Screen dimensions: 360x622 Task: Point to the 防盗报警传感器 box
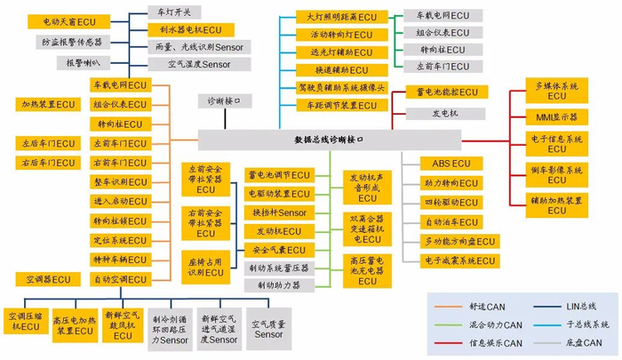(x=71, y=42)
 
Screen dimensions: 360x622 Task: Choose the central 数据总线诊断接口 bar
(x=329, y=140)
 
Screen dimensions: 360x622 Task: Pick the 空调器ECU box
(x=48, y=279)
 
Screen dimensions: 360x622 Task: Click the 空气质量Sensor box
(x=269, y=329)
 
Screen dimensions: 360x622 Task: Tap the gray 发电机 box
(x=444, y=113)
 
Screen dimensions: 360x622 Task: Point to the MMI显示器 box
(x=556, y=116)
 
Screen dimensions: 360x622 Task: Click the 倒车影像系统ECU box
(x=556, y=174)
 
